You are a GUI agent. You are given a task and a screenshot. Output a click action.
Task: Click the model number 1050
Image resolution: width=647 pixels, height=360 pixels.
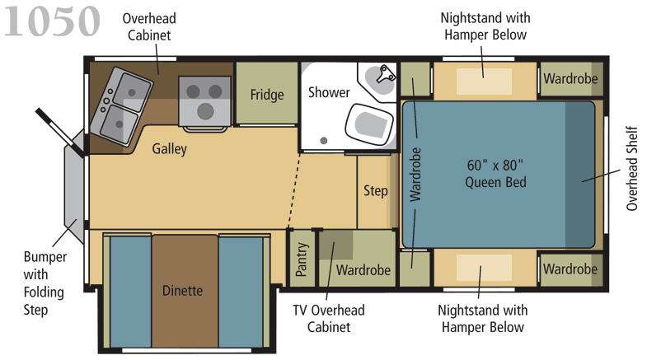(x=52, y=21)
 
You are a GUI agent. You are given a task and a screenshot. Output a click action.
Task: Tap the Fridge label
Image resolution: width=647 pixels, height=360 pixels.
(x=267, y=95)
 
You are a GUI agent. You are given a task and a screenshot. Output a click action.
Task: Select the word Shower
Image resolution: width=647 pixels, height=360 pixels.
(x=329, y=92)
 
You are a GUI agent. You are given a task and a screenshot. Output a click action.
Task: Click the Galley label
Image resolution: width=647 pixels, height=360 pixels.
(x=169, y=148)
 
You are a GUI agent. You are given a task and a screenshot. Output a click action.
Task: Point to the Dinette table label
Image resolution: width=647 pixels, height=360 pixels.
(x=182, y=291)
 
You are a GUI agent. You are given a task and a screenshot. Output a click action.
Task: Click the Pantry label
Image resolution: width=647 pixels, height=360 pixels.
(x=302, y=259)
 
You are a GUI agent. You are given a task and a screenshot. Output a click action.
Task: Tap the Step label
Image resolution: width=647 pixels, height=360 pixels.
(x=376, y=191)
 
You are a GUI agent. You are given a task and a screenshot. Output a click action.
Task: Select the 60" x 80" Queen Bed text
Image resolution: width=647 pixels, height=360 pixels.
(x=495, y=174)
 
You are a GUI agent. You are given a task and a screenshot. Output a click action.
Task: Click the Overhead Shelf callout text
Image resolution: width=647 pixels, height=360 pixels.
(x=631, y=169)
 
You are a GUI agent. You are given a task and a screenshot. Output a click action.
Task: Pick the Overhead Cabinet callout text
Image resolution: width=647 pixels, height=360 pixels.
(x=149, y=26)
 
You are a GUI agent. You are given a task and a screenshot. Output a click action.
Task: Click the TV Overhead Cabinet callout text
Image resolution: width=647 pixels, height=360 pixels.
(x=329, y=318)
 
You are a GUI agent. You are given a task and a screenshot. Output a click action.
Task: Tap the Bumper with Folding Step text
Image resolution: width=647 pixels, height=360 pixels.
(x=44, y=283)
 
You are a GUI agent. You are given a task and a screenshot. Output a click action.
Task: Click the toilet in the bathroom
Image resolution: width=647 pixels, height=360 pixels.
(x=368, y=124)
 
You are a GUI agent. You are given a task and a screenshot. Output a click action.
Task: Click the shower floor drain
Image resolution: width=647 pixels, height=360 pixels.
(x=324, y=141)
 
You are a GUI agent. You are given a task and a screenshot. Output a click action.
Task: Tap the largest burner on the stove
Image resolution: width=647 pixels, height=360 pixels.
(x=205, y=111)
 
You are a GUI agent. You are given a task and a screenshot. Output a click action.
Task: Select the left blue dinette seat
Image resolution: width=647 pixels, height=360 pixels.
(x=130, y=292)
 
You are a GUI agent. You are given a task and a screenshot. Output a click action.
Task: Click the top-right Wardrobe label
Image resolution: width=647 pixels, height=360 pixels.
(x=570, y=78)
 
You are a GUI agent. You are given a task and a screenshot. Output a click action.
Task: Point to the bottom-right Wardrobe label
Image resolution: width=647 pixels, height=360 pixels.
(x=570, y=269)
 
